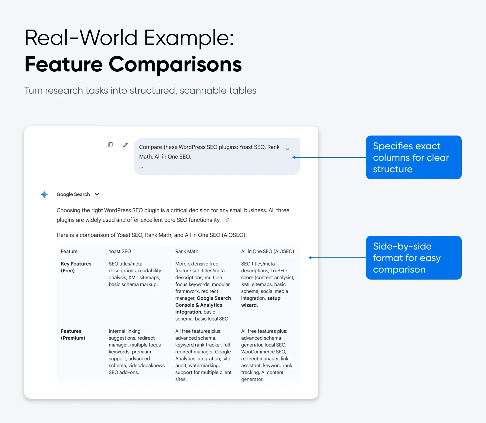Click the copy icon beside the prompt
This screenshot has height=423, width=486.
click(110, 145)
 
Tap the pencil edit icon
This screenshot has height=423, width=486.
click(125, 145)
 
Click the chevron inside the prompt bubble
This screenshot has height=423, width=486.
click(287, 149)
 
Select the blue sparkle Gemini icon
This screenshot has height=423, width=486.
click(44, 194)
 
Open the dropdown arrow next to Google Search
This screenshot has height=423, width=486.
click(97, 194)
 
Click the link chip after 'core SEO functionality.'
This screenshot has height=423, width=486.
click(228, 220)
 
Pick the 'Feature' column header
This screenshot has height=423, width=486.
click(69, 251)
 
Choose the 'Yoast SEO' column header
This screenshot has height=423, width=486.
click(120, 251)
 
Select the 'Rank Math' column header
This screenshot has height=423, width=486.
click(187, 251)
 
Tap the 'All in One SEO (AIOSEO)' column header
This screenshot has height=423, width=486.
click(268, 251)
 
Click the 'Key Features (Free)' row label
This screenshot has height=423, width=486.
click(76, 267)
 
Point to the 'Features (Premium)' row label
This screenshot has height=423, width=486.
click(73, 335)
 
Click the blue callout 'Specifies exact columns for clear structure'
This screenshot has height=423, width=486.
click(414, 157)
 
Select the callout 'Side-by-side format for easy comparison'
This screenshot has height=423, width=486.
click(414, 258)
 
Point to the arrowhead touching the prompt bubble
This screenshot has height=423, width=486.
click(294, 157)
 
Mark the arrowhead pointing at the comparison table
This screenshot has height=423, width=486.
click(310, 258)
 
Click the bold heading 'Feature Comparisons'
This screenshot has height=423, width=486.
click(133, 64)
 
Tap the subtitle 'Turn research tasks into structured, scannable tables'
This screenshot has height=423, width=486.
click(140, 91)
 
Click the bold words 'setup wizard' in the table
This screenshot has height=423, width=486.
click(261, 301)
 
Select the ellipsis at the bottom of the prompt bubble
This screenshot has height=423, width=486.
click(141, 167)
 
